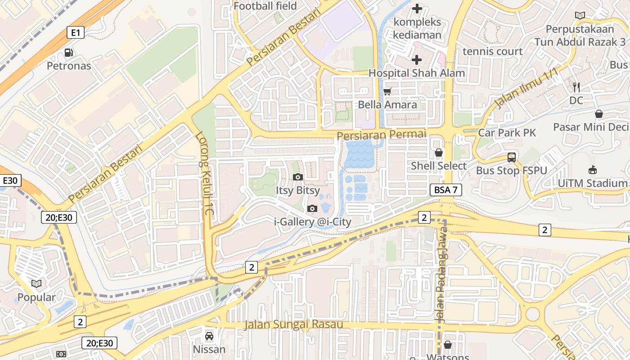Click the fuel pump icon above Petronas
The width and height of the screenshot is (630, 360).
tap(68, 53)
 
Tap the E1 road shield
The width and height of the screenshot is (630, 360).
tap(76, 32)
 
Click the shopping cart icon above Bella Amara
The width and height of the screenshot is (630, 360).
tap(387, 91)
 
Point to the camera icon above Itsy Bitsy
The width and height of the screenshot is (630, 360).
tap(297, 177)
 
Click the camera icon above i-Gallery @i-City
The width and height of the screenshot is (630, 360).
tap(312, 208)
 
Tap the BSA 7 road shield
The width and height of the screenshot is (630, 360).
tap(445, 190)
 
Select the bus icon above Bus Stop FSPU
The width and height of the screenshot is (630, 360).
tap(512, 157)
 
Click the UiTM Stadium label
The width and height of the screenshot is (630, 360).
tap(592, 183)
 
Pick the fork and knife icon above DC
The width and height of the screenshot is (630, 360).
tap(576, 87)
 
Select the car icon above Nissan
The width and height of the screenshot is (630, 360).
tap(209, 336)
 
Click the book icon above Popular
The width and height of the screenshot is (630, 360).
tap(36, 284)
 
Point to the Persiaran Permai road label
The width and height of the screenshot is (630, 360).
tap(381, 135)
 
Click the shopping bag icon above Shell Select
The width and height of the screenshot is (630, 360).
tap(438, 153)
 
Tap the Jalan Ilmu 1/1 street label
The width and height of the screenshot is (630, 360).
tap(525, 88)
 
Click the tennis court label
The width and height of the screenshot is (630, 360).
tap(493, 51)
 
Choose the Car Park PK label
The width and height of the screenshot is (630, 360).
tap(507, 133)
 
